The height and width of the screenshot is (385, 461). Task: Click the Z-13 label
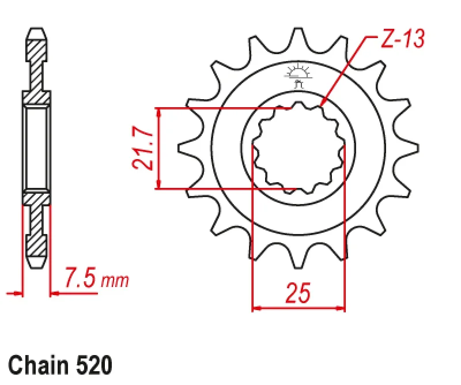tap(402, 39)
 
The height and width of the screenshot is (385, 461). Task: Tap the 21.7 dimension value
tap(142, 149)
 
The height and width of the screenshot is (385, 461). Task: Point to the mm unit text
tap(115, 281)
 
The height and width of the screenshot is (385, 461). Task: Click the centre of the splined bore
tap(298, 148)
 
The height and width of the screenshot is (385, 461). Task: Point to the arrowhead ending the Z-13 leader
tap(322, 103)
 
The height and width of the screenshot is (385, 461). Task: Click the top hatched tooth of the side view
tap(36, 58)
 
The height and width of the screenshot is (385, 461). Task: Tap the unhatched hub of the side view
tap(36, 148)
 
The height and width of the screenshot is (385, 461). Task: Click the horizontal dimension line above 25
tap(298, 308)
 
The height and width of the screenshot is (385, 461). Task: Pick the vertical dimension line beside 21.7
tap(160, 148)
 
